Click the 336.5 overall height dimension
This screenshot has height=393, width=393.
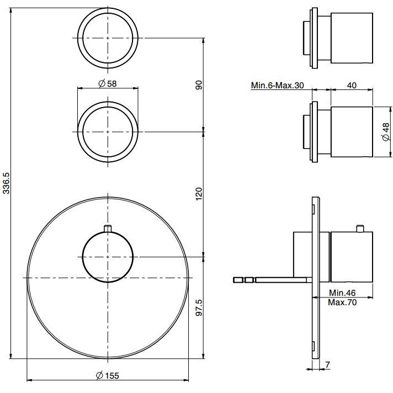click(x=6, y=183)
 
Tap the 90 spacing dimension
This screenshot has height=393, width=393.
click(x=199, y=85)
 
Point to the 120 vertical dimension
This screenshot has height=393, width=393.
click(x=199, y=194)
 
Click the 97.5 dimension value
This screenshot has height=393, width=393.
click(x=199, y=307)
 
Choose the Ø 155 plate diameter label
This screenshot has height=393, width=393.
click(x=108, y=375)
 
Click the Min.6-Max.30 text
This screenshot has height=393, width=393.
click(x=277, y=86)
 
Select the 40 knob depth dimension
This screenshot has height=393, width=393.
click(x=352, y=85)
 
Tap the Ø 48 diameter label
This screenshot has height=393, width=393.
click(x=386, y=132)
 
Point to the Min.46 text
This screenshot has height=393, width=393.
click(x=342, y=293)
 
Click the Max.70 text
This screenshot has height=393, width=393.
click(x=342, y=302)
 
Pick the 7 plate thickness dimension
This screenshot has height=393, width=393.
click(x=328, y=364)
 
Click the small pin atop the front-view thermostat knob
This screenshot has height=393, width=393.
click(x=108, y=229)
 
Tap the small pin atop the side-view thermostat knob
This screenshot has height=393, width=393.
click(x=360, y=229)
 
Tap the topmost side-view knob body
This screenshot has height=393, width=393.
click(x=352, y=38)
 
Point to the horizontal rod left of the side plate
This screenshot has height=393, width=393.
click(x=273, y=280)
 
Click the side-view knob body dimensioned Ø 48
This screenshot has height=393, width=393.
click(x=352, y=132)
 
